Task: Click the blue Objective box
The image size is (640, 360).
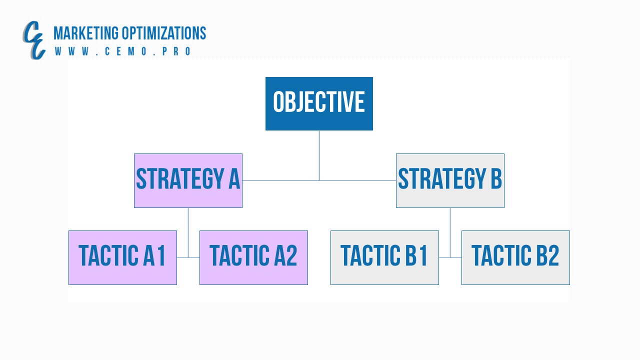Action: pos(319,103)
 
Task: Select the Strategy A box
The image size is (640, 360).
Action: pos(188,180)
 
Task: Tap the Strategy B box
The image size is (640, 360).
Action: pos(450,180)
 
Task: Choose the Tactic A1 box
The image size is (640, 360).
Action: pos(122,257)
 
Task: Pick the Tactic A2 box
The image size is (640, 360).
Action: pos(253,257)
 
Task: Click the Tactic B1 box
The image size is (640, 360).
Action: pos(384,257)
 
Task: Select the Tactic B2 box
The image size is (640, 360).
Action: pos(515,257)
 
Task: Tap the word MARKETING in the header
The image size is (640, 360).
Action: pos(86,33)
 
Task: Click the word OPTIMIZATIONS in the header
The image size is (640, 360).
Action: pos(164,33)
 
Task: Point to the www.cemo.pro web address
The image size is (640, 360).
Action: pos(123,51)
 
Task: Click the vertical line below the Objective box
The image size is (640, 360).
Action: pos(319,155)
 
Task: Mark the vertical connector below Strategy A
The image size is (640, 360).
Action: pos(188,233)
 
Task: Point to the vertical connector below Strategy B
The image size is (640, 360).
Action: pos(450,233)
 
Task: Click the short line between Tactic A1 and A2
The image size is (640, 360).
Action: pos(188,257)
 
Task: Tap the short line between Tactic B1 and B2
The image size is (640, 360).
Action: pos(450,257)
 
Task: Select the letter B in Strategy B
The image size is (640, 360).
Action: pos(496,178)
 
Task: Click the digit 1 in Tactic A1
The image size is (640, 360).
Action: pos(161,255)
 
